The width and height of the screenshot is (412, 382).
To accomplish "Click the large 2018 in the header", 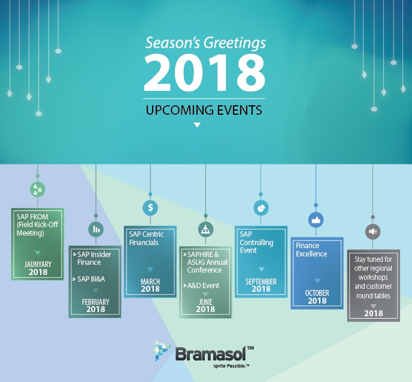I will tap(204, 72).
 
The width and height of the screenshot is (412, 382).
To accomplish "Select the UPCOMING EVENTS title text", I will tap(204, 110).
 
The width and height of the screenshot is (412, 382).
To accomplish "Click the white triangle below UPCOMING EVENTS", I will tap(197, 125).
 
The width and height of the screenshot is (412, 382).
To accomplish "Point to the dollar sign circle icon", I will tap(150, 207).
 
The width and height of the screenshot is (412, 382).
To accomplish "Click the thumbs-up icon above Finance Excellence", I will tap(316, 220).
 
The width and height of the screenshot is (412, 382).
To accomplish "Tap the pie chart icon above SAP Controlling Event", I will tap(260, 207).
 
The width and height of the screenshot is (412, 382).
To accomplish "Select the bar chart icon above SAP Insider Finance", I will tap(95, 228).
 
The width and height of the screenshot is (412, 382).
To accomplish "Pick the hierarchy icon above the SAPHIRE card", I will tap(205, 228).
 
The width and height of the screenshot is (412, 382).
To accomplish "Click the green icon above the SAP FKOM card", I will tap(38, 190).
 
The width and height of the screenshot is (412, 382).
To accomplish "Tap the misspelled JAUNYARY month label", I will tap(38, 264).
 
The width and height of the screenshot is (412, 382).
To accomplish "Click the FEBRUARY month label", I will tap(95, 301).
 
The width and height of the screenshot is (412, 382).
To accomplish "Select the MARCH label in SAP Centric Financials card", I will tap(150, 281).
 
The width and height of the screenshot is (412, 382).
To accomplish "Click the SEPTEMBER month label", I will tap(260, 281).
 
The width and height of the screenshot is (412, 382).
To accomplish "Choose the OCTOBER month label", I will tap(317, 293).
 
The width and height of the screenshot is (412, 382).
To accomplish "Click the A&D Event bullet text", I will tap(204, 285).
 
